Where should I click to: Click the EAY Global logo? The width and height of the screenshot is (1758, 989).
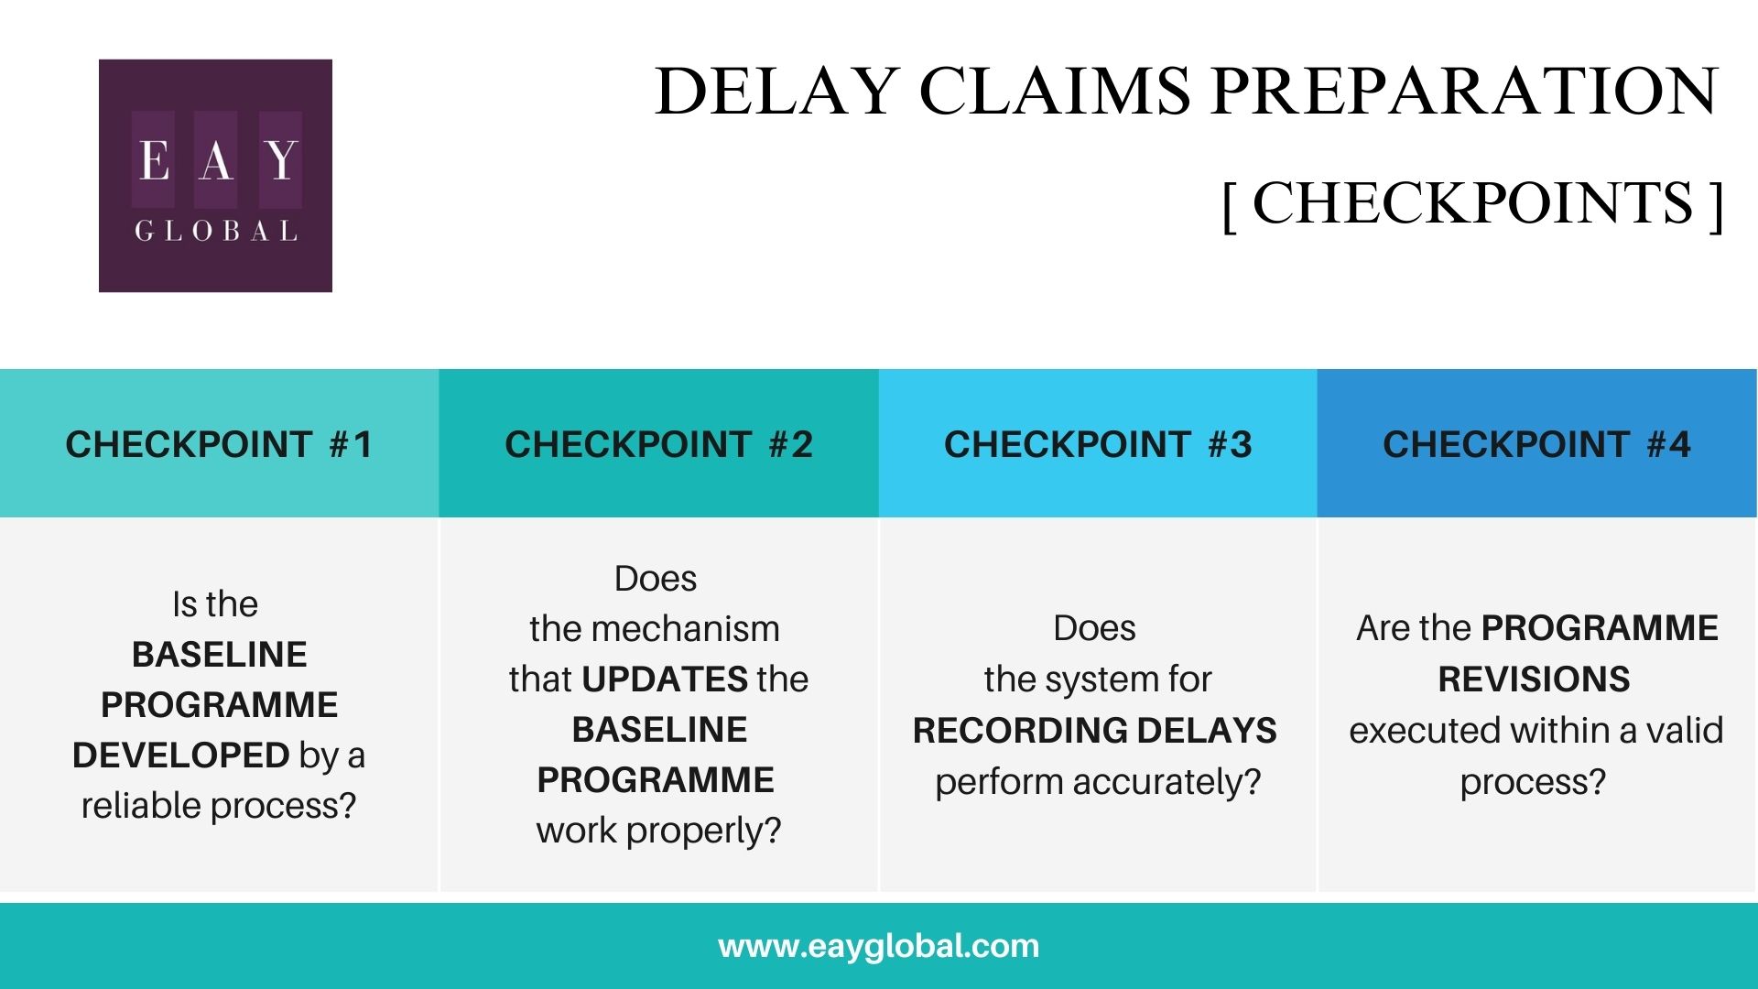(215, 176)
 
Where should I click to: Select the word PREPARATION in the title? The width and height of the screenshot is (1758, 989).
(1465, 92)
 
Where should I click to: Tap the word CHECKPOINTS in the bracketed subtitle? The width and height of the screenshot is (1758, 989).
(1472, 202)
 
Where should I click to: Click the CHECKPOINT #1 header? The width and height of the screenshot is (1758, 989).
(219, 445)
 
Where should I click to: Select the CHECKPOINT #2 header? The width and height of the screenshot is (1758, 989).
(658, 445)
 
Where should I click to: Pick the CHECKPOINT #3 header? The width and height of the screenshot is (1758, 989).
(1098, 445)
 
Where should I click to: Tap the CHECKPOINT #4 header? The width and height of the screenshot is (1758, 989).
(1536, 445)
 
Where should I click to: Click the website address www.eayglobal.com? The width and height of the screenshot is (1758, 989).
(879, 946)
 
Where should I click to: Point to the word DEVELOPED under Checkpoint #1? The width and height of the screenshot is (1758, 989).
(181, 755)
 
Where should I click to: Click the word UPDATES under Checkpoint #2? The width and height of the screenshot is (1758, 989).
(665, 679)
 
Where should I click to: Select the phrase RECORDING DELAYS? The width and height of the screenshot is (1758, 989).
(1095, 731)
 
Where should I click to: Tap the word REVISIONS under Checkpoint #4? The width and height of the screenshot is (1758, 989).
(1534, 679)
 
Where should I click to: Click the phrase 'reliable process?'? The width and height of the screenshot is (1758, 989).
(219, 806)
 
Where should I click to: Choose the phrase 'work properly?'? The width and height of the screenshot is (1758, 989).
(658, 831)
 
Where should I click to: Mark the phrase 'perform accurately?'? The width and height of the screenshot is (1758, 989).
(1098, 782)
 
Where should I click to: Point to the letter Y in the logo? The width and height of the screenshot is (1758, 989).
(281, 160)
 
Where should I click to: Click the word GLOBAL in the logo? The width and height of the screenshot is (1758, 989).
(216, 231)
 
